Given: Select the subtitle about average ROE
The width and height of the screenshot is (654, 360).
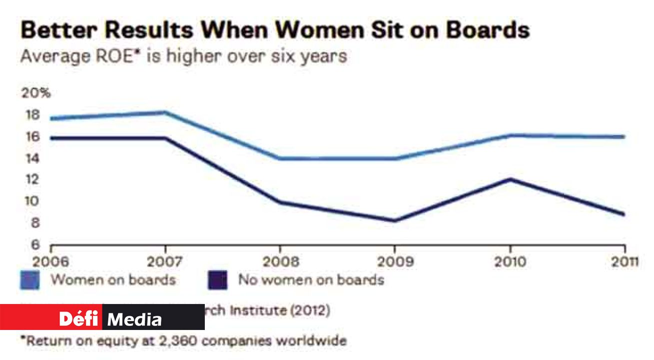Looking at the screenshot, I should click(x=183, y=55).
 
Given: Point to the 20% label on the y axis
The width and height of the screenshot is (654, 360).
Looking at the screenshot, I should click(x=36, y=93).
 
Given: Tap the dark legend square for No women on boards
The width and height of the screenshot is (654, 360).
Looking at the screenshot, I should click(x=217, y=280).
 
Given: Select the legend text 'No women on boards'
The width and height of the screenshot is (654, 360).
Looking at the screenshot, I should click(x=311, y=279).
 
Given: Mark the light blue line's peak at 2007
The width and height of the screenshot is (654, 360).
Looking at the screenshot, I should click(x=165, y=112).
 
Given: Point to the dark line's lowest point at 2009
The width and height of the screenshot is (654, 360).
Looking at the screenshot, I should click(x=395, y=220).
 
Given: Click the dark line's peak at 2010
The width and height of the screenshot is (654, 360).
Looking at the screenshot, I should click(x=510, y=179).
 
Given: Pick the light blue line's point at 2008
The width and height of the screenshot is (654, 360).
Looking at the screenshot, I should click(x=280, y=158).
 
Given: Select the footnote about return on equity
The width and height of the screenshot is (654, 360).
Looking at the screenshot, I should click(x=183, y=342).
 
